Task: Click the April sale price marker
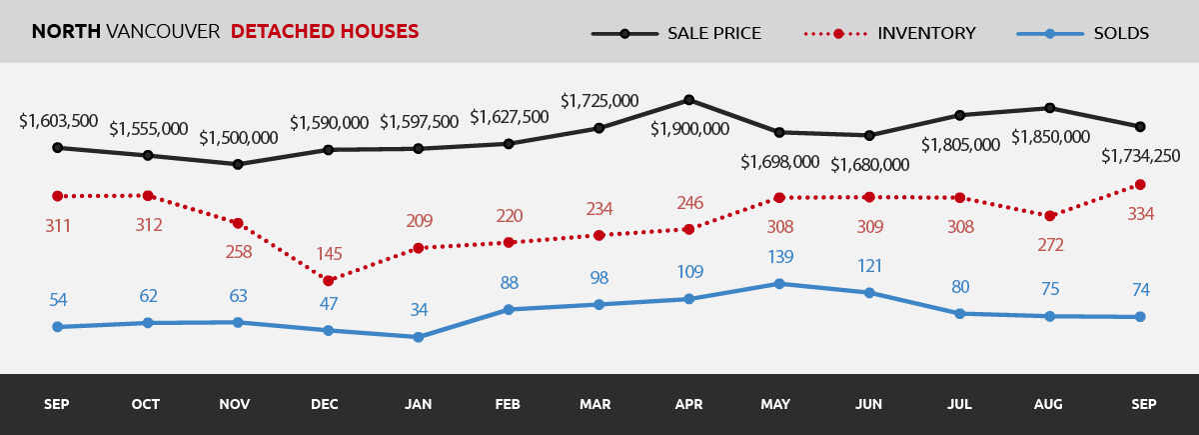[x=688, y=100]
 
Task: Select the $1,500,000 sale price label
[x=238, y=138]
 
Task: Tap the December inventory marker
[x=328, y=281]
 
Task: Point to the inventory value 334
[x=1139, y=213]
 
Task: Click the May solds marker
[x=778, y=284]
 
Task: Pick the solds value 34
[x=419, y=310]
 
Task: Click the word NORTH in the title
[x=66, y=32]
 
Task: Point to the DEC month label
[x=325, y=404]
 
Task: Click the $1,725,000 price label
[x=599, y=101]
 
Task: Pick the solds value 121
[x=869, y=265]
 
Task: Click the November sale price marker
[x=238, y=164]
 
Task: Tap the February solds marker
[x=509, y=310]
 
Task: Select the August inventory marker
[x=1049, y=216]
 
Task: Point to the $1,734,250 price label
[x=1140, y=156]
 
